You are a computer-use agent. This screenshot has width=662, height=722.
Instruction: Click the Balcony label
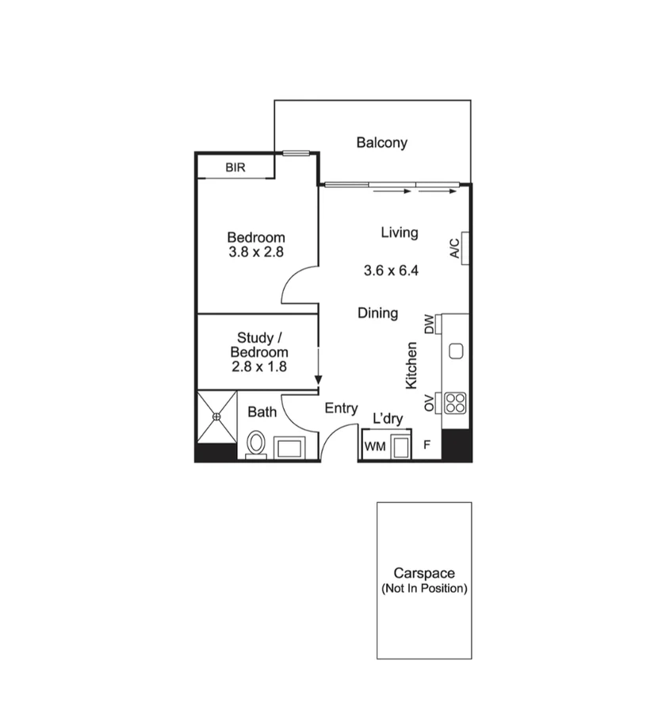(x=381, y=143)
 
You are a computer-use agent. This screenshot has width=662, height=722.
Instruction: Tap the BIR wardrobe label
(x=235, y=168)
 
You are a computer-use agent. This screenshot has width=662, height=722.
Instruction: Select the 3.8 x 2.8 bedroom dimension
(x=255, y=252)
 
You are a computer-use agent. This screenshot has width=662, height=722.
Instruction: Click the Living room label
(x=399, y=232)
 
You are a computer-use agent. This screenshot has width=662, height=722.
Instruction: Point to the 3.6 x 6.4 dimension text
(x=391, y=271)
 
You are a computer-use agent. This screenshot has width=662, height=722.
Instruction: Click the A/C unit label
(x=454, y=248)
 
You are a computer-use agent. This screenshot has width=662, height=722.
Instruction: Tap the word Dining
(x=377, y=313)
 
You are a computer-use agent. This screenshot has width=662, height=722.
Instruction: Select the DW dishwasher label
(x=429, y=324)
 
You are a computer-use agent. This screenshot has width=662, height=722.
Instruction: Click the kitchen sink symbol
(x=456, y=351)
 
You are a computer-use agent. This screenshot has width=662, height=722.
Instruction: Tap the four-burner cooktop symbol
(x=455, y=403)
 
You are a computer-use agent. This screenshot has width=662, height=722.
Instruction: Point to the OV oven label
(x=429, y=403)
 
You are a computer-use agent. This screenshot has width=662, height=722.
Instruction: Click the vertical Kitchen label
(x=411, y=366)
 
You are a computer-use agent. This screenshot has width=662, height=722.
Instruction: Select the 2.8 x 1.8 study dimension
(x=259, y=367)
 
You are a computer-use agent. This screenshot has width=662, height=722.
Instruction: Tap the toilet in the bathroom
(x=255, y=444)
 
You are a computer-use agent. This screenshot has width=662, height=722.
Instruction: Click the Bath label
(x=262, y=412)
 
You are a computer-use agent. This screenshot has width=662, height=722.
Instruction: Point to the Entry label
(x=341, y=409)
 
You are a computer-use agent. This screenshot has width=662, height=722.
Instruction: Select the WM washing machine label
(x=374, y=447)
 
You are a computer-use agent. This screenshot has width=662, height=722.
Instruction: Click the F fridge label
(x=427, y=444)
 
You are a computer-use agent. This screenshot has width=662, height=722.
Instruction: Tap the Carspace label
(x=424, y=573)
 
